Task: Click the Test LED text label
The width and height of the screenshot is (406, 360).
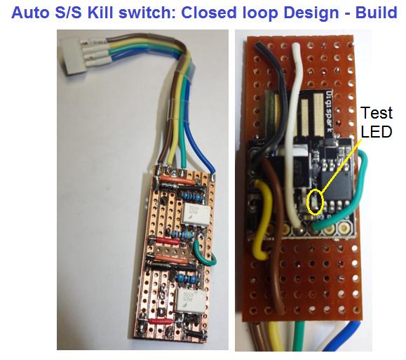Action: pos(377,122)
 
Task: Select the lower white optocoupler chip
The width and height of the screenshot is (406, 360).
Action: pos(190,302)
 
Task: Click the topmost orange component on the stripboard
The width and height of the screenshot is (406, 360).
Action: pos(172,179)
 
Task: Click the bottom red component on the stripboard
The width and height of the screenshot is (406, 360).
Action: pos(161,321)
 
